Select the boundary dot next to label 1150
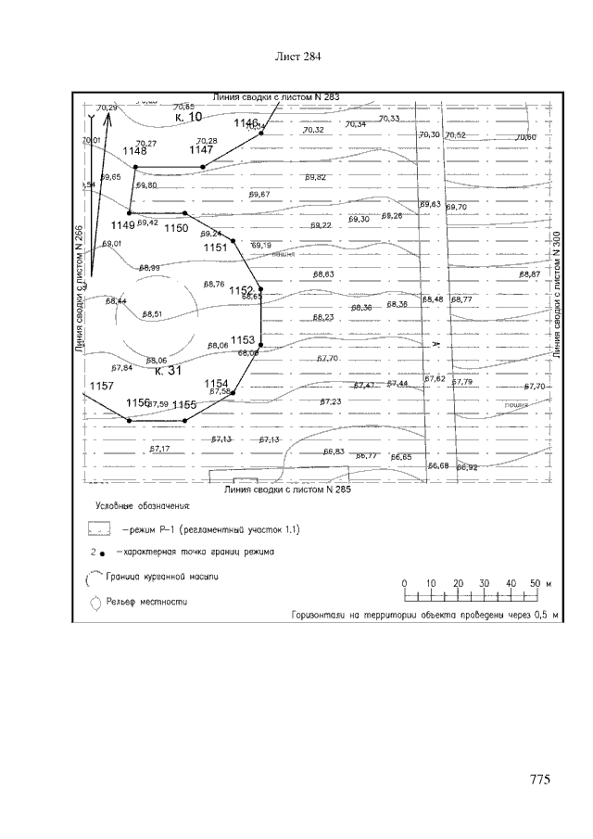(184, 213)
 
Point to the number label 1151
(214, 248)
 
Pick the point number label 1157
(101, 385)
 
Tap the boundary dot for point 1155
(184, 420)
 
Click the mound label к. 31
(168, 371)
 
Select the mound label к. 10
(188, 118)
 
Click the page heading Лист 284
(298, 57)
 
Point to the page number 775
(541, 780)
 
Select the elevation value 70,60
(525, 137)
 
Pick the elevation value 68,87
(529, 274)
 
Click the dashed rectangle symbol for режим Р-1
(99, 529)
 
